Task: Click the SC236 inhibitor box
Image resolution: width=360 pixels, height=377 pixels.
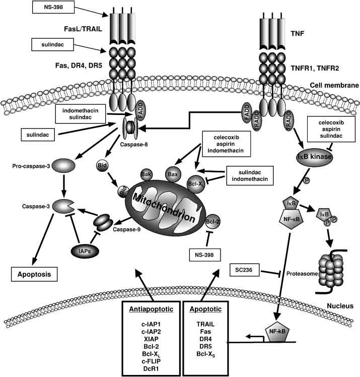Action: coord(247,270)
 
